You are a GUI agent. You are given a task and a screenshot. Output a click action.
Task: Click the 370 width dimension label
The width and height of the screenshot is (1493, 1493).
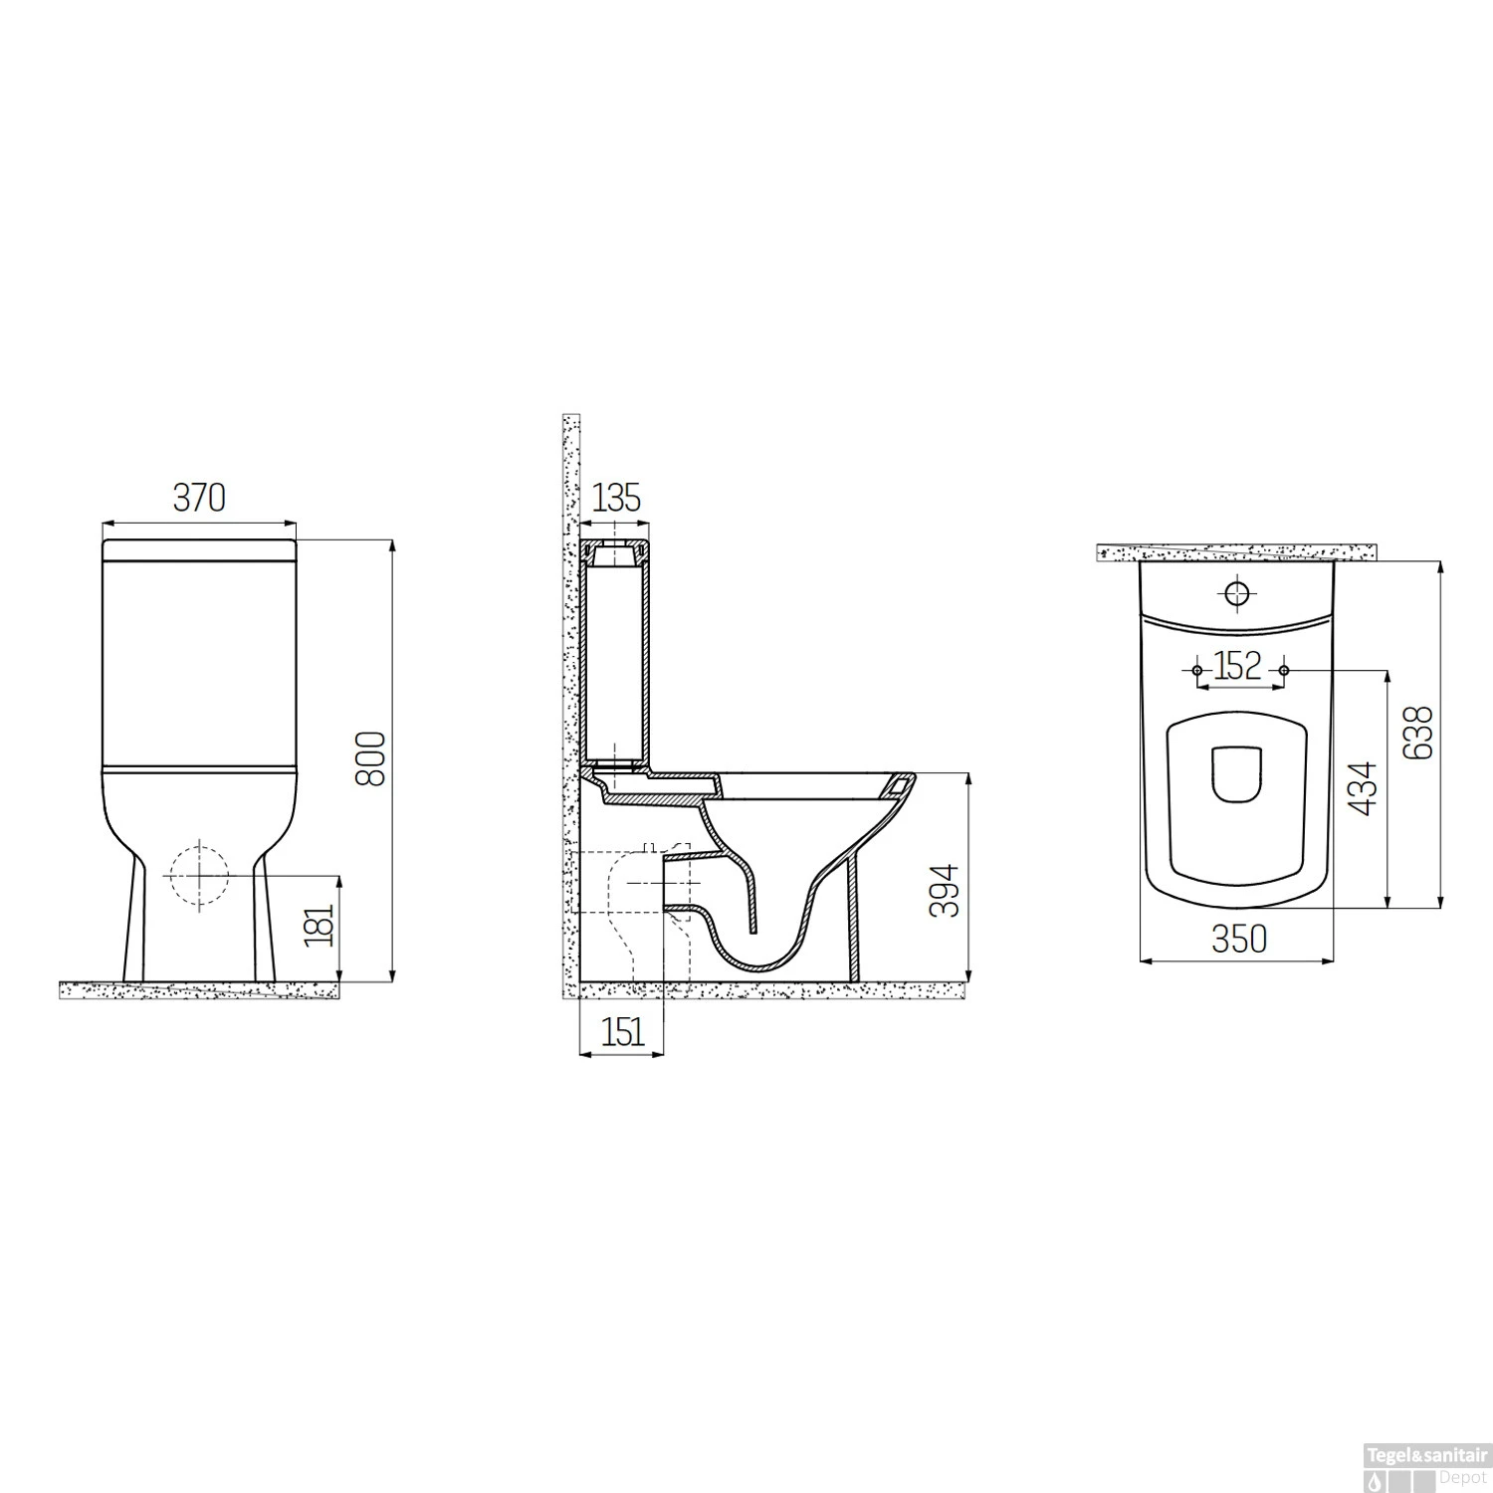[x=199, y=498]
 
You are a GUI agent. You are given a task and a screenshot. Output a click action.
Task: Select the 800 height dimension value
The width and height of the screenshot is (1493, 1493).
[x=370, y=758]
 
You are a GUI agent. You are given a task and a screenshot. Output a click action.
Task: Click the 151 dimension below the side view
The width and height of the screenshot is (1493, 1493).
[x=622, y=1033]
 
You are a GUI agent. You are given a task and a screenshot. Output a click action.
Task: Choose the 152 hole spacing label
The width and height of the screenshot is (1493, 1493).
[x=1238, y=665]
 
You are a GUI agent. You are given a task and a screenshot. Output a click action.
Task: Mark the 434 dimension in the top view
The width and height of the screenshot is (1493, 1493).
[x=1366, y=788]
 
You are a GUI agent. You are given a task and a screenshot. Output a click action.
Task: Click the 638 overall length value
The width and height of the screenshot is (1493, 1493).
[x=1420, y=732]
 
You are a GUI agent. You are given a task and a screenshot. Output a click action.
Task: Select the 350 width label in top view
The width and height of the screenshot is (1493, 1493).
[x=1239, y=938]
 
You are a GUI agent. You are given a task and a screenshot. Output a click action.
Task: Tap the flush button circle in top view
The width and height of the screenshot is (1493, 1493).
[x=1237, y=593]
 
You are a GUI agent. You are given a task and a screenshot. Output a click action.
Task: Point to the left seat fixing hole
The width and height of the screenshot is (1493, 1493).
[x=1196, y=671]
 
